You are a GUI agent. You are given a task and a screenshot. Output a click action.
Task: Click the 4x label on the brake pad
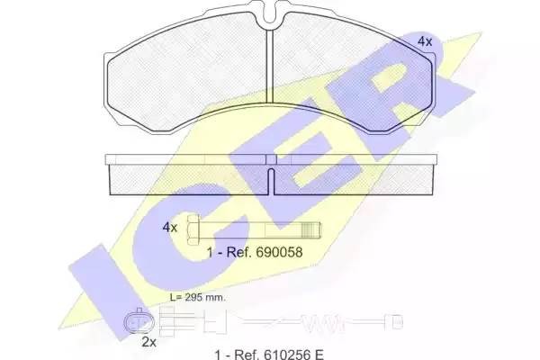coord(425,41)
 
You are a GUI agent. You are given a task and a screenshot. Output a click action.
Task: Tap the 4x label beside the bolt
coord(169,227)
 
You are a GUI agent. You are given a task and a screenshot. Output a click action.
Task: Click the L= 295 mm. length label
coord(198,296)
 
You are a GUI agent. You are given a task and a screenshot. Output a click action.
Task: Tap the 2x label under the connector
coord(149,343)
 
